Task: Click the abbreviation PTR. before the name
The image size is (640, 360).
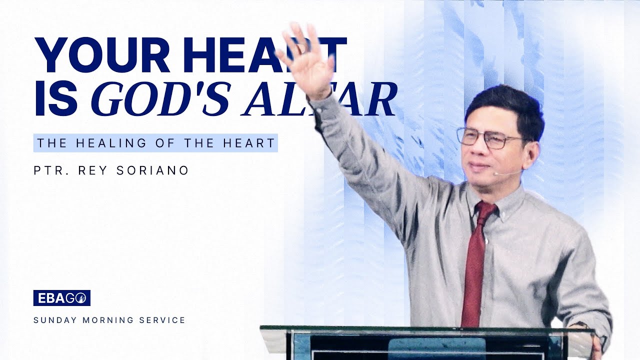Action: pyautogui.click(x=50, y=170)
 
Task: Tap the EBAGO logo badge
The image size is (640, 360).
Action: pyautogui.click(x=61, y=298)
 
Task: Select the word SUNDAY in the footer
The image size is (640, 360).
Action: pyautogui.click(x=50, y=320)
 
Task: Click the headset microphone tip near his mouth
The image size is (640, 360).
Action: pyautogui.click(x=494, y=174)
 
